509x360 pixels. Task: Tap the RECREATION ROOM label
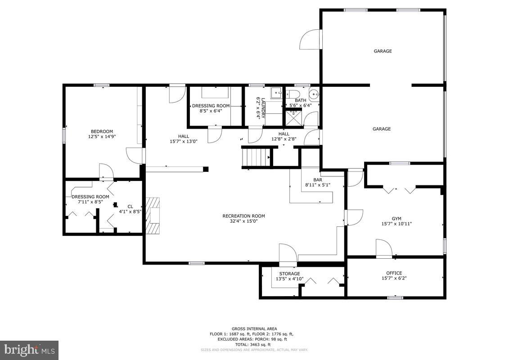243,216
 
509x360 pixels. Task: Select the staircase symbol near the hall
256,157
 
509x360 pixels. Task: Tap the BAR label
318,180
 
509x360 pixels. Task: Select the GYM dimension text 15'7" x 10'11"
396,223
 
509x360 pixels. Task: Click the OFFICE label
394,273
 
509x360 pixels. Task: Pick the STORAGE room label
289,274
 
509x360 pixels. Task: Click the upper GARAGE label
383,51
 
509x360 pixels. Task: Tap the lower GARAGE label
381,129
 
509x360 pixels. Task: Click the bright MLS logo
29,350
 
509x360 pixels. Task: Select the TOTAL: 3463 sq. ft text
254,344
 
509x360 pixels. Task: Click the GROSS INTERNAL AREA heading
254,328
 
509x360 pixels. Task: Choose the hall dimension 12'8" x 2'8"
284,139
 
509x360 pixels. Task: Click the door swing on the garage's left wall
311,40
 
